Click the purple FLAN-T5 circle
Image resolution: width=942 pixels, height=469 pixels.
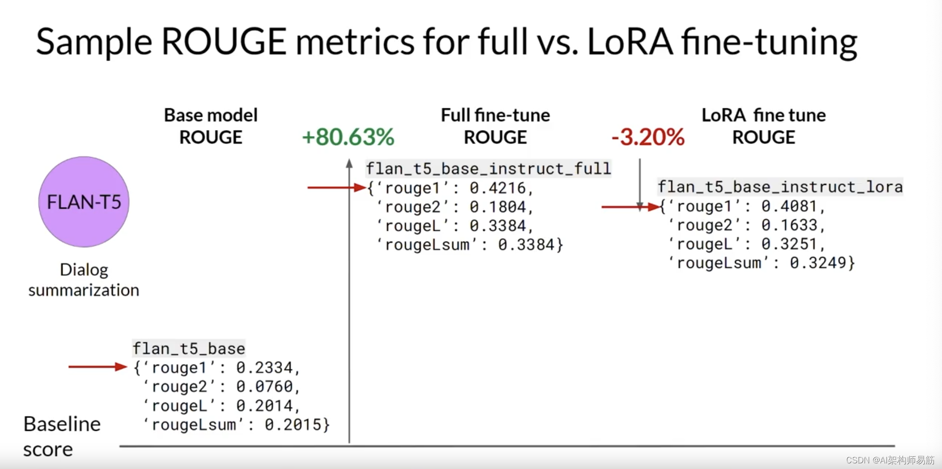click(x=84, y=202)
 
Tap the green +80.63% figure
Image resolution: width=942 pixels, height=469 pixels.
click(x=348, y=137)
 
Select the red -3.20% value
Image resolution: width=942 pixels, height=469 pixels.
click(x=648, y=137)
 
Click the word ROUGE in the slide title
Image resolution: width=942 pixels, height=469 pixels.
click(x=224, y=42)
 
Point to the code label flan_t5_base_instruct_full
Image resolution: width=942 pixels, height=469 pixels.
click(x=488, y=169)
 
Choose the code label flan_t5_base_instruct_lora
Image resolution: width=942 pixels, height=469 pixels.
click(x=780, y=187)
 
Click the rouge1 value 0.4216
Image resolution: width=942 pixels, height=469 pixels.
click(x=497, y=188)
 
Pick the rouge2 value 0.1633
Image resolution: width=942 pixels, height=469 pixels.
click(x=789, y=225)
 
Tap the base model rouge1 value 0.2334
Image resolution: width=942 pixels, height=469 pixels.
click(x=265, y=368)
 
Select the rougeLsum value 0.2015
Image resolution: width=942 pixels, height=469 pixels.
click(x=293, y=425)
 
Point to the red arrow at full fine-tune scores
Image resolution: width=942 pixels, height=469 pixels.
click(x=336, y=188)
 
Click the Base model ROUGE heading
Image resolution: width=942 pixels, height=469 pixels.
click(x=211, y=126)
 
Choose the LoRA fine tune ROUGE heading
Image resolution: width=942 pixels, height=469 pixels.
click(x=763, y=126)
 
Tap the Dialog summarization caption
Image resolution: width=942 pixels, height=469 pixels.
click(x=84, y=279)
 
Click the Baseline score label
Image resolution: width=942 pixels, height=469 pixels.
click(x=61, y=436)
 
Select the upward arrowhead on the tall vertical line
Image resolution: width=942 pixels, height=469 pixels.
click(x=349, y=164)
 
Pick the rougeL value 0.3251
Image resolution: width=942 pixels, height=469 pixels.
click(x=789, y=244)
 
